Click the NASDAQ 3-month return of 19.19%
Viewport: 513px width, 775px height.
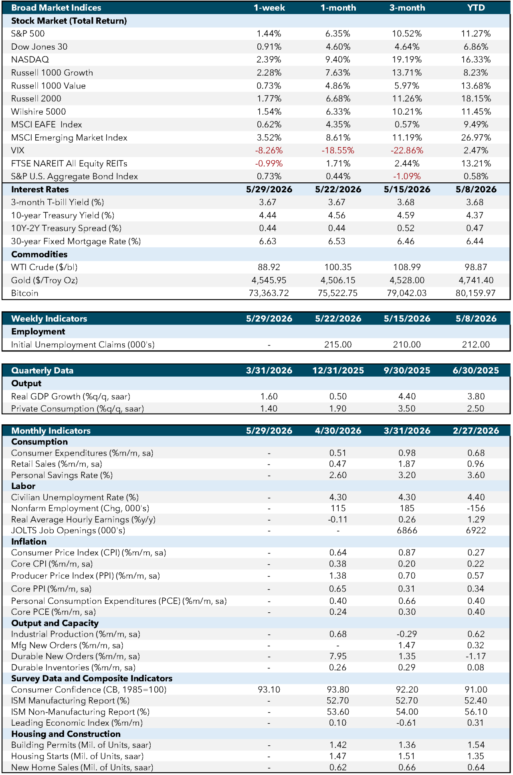point(407,60)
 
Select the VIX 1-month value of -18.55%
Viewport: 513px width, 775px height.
point(338,151)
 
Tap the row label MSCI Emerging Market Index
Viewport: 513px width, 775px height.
point(69,138)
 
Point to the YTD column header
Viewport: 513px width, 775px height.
point(476,8)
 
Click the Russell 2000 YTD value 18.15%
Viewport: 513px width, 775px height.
point(476,99)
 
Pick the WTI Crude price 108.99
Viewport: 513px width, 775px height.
point(407,267)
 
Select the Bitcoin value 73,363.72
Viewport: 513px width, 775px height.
point(269,293)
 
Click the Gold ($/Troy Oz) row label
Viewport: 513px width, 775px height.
point(44,281)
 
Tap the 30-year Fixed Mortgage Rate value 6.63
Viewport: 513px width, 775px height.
point(268,241)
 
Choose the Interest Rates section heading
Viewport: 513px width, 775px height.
point(40,190)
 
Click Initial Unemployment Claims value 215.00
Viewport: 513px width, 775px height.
point(338,345)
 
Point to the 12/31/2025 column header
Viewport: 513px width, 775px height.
point(338,371)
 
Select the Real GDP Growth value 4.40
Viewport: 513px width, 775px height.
point(407,396)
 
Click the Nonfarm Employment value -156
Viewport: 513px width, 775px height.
point(476,509)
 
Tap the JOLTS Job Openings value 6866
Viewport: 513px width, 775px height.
point(407,531)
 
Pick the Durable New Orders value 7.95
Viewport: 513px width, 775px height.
point(338,656)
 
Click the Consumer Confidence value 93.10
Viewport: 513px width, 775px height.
point(269,690)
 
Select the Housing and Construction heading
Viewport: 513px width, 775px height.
point(66,734)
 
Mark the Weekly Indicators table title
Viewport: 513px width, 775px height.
point(49,319)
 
